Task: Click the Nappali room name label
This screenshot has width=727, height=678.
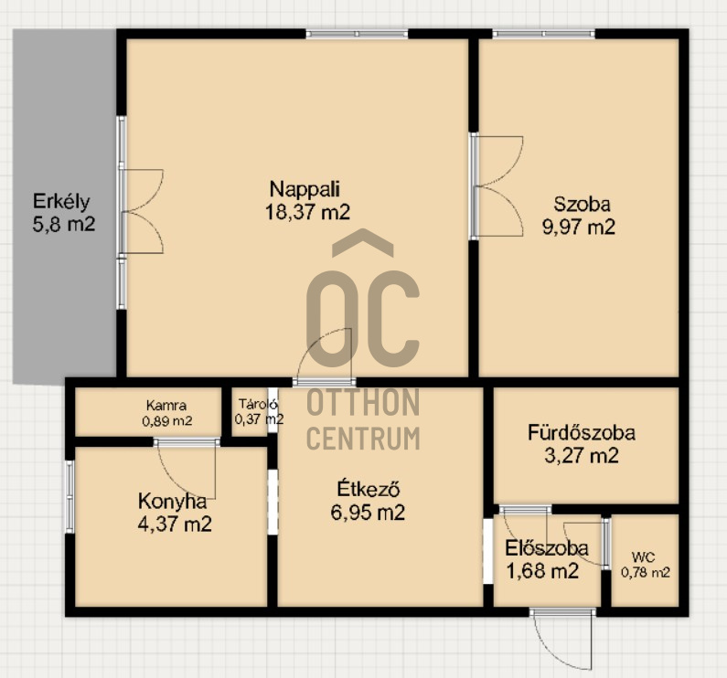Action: [305, 189]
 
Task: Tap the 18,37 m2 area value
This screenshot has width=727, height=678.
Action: [307, 212]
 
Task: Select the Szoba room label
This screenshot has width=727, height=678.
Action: [582, 205]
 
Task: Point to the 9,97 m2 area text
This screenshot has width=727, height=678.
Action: [579, 228]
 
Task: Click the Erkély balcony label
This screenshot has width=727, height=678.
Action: [61, 202]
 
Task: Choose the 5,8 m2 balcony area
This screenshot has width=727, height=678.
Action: [63, 224]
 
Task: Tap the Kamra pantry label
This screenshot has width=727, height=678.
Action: [166, 406]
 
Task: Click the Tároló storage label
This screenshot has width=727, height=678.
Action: [258, 404]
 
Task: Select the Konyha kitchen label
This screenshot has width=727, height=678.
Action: [172, 502]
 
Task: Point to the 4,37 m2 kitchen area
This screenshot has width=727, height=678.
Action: [175, 524]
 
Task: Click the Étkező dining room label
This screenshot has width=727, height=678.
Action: [369, 490]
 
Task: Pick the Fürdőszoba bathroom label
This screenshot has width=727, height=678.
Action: [582, 433]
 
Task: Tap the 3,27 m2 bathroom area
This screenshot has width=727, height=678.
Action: [582, 456]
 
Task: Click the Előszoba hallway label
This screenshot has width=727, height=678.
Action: [547, 548]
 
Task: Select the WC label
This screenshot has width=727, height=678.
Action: [643, 557]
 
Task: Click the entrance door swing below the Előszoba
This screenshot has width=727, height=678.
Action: [563, 640]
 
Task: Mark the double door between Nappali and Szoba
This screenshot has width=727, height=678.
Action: [497, 186]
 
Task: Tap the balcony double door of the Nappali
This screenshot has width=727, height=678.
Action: [142, 211]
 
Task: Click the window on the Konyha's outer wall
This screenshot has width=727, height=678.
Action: [69, 497]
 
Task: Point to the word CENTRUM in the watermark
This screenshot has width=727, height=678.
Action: [364, 439]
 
